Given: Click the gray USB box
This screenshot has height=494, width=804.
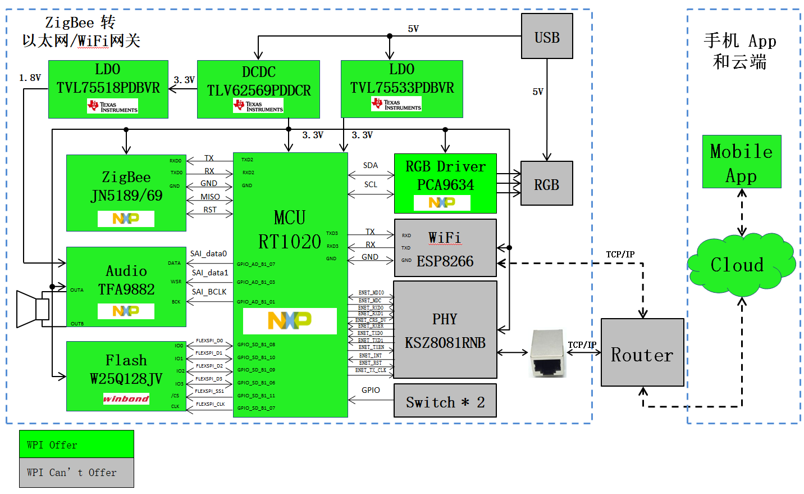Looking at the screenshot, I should [547, 37].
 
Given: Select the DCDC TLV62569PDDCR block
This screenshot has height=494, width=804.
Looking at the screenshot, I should [258, 89].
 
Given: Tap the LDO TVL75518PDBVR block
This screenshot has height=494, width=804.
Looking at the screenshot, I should [108, 89].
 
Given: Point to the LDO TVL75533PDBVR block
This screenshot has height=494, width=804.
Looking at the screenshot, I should [402, 89].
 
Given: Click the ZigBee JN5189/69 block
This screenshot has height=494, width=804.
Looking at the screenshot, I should [126, 193].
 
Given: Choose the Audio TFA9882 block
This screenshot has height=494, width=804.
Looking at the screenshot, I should [126, 287].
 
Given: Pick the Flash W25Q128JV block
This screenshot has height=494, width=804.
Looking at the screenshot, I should [126, 375].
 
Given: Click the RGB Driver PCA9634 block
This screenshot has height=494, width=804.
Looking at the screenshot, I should [445, 183].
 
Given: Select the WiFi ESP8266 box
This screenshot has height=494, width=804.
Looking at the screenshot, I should [445, 248].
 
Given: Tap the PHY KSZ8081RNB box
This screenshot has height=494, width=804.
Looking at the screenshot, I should [445, 329].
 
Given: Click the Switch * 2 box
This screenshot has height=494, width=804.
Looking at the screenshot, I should [445, 401].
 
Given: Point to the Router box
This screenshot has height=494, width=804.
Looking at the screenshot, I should [642, 352].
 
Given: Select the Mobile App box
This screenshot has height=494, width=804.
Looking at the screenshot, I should [742, 161].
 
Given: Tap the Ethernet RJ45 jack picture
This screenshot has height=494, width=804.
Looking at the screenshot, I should [548, 353].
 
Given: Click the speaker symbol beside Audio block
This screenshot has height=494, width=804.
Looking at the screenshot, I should [33, 309].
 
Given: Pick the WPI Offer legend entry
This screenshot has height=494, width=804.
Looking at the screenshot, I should [76, 444].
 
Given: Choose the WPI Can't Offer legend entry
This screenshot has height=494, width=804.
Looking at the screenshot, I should [76, 473].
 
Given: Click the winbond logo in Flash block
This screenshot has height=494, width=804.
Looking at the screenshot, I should [126, 398].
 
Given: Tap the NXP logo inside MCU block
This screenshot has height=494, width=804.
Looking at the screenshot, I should [290, 320].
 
